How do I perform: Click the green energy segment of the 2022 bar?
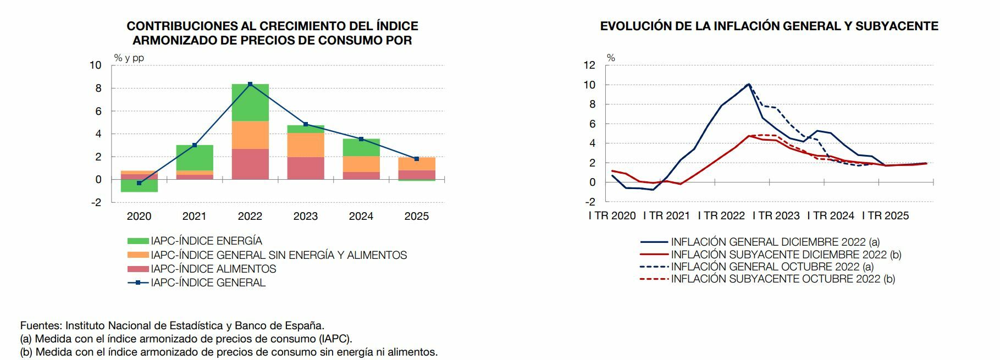250,103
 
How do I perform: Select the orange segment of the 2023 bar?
306,145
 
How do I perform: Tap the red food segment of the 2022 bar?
250,164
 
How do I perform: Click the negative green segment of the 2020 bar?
139,186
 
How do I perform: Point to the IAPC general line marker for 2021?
195,145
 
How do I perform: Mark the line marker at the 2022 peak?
250,84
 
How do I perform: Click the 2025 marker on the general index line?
417,159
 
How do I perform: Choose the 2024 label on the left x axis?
361,216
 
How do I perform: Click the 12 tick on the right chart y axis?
589,65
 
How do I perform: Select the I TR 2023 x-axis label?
776,216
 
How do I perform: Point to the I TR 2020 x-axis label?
612,216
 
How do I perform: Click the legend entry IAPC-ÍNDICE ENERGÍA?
206,241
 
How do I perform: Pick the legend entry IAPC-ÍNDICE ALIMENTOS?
213,269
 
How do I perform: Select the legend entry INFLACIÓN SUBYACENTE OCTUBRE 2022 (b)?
783,279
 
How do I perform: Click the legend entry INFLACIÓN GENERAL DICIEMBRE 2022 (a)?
775,242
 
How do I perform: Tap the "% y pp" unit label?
129,58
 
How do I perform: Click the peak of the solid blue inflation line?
748,84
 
